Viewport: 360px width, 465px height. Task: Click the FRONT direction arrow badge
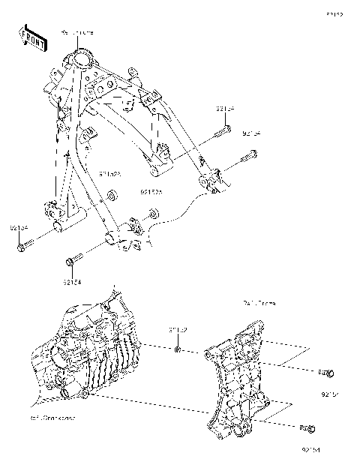(x=31, y=38)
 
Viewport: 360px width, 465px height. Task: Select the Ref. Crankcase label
(x=53, y=417)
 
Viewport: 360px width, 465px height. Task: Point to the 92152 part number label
(x=178, y=329)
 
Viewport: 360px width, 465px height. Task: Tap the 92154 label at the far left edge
(x=19, y=226)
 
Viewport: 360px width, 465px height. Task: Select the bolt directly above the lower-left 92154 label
(x=73, y=262)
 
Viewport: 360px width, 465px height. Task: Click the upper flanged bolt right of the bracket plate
(x=325, y=373)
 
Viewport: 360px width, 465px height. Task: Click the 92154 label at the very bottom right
(x=310, y=449)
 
